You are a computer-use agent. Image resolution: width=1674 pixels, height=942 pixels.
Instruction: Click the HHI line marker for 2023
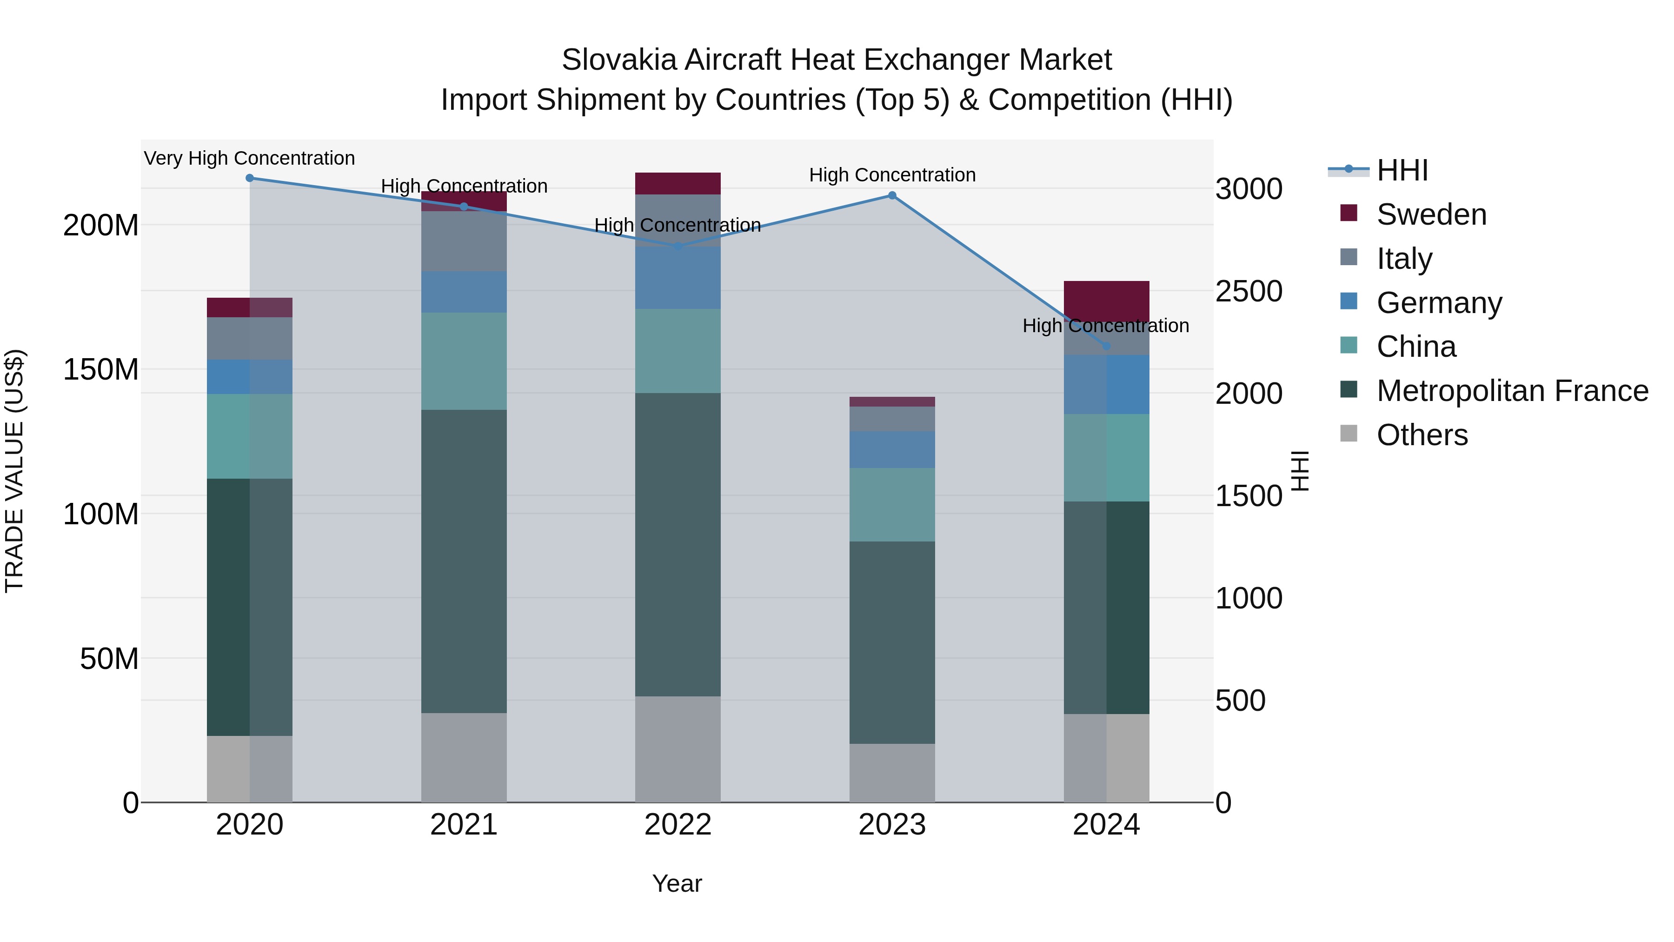coord(892,196)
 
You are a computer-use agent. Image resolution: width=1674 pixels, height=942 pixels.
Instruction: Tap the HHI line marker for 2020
coord(250,178)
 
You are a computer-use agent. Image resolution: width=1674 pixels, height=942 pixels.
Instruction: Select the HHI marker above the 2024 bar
coord(1107,346)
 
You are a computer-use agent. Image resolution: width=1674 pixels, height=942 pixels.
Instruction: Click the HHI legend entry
coord(1402,170)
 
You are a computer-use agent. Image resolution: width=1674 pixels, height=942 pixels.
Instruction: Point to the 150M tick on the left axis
coord(101,369)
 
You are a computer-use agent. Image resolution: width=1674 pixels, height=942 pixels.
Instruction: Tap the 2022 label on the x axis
coord(678,825)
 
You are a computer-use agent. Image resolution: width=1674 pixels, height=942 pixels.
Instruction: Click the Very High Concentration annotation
coord(250,159)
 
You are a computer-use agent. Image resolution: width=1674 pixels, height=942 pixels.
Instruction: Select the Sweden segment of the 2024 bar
coord(1107,301)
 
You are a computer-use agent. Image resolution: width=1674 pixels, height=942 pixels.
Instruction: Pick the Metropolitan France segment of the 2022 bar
coord(678,544)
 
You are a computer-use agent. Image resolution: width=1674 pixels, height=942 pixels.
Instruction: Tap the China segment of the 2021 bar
coord(464,361)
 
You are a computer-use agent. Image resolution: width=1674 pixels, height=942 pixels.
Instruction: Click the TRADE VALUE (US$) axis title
coord(14,471)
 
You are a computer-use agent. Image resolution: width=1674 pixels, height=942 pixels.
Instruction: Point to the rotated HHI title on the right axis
coord(1300,471)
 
